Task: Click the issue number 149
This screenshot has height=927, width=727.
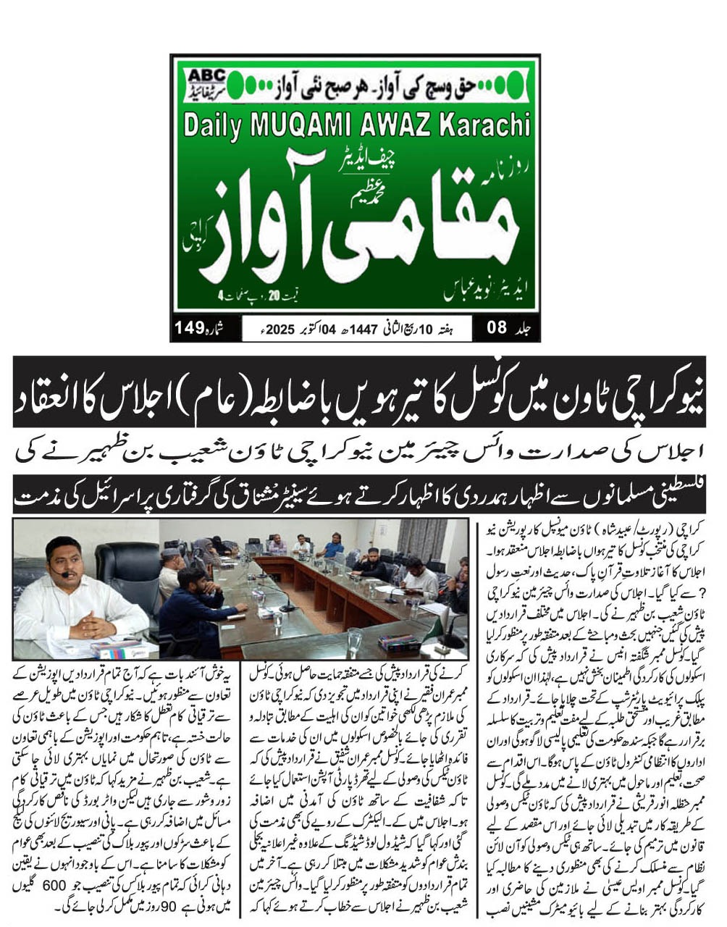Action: tap(189, 328)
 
